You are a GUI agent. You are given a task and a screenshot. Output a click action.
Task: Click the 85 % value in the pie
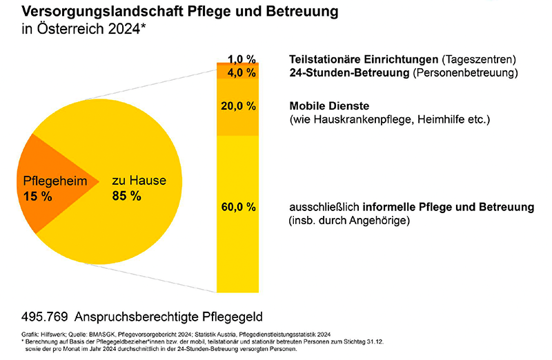[x=126, y=196]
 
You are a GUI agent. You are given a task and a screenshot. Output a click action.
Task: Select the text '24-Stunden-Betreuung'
[x=342, y=72]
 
